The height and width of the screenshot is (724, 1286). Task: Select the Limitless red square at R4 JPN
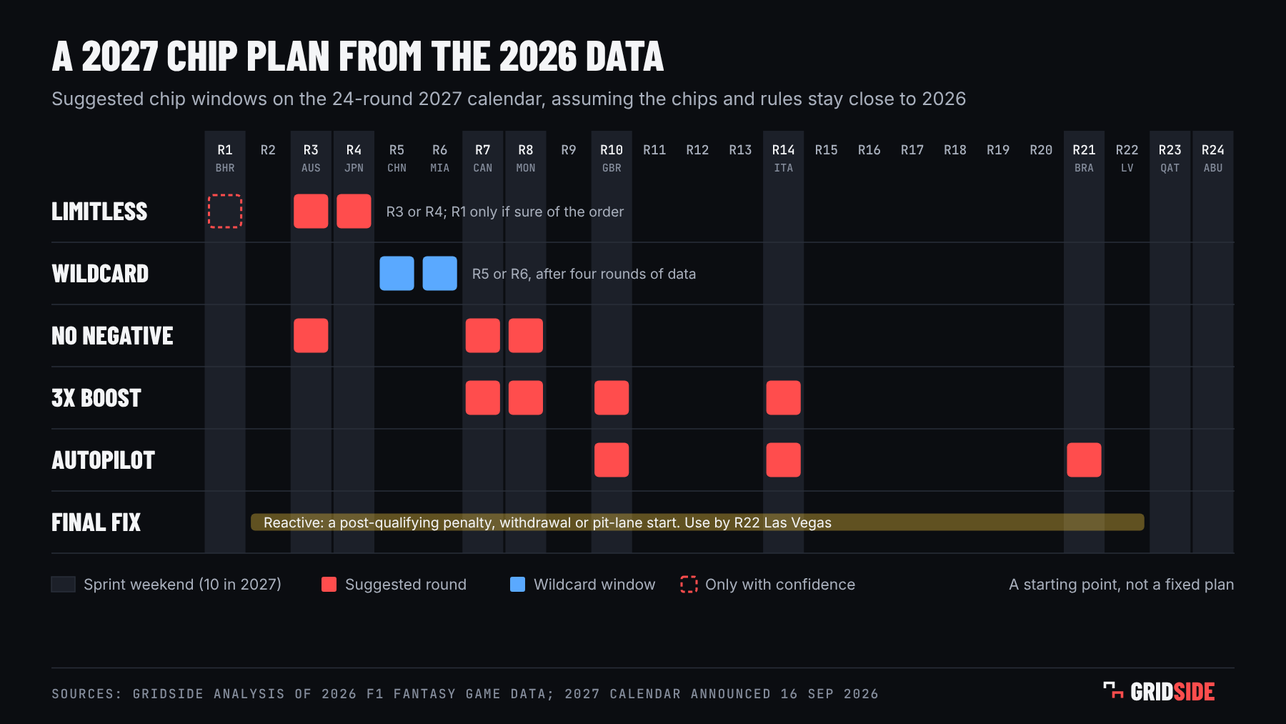(354, 212)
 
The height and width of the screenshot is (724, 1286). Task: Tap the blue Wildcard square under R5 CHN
(397, 274)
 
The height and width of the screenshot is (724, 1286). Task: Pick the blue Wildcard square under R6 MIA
(439, 274)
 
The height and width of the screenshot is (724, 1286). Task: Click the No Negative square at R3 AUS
(311, 336)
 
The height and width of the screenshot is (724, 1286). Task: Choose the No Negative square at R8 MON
(526, 336)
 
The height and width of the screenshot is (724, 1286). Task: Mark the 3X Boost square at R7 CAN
(483, 398)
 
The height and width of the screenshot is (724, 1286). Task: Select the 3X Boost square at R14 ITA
(784, 398)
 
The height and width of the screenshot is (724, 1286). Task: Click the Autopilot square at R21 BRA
(1084, 460)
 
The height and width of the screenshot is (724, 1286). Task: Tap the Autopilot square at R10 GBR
(612, 460)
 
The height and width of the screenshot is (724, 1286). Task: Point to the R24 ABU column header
(1213, 158)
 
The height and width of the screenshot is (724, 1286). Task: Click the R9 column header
(569, 150)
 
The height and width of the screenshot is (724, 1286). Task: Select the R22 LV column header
(1127, 158)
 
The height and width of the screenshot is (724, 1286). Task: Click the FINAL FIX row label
(96, 522)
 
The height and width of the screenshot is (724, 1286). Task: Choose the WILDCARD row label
(100, 274)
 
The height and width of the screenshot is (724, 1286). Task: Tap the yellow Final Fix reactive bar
(697, 522)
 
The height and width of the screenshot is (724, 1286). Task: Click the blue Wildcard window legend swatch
(518, 585)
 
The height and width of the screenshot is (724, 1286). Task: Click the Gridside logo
(1159, 692)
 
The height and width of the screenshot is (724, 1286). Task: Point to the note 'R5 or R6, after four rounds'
(584, 274)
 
